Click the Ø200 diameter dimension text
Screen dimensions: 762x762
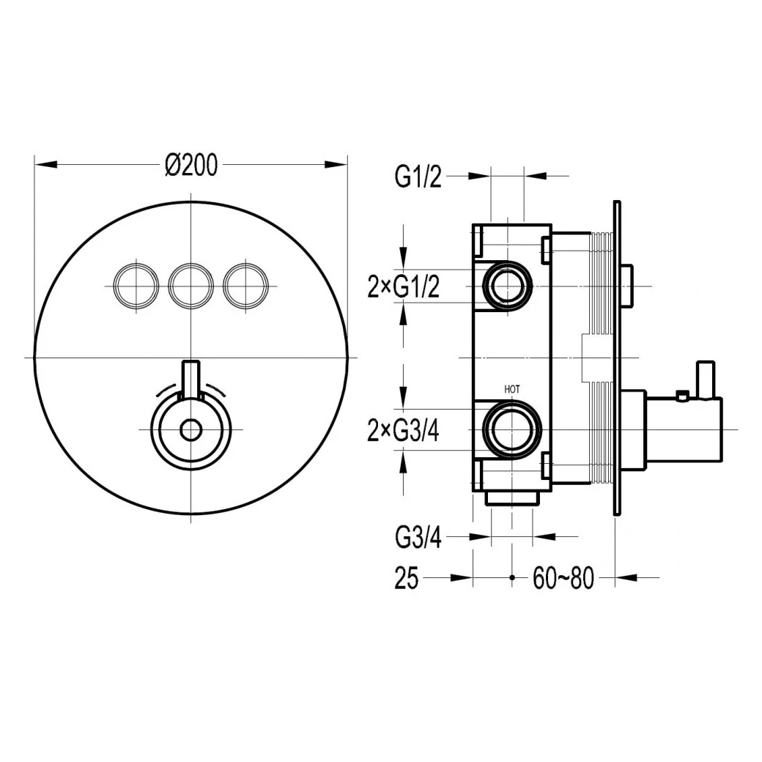191,166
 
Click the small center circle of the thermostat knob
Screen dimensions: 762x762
191,430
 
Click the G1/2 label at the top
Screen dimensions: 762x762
418,177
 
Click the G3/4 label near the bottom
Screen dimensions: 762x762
418,539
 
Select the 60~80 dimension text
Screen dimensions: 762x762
563,580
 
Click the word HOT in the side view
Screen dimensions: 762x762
511,389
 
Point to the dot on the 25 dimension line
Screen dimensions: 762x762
511,578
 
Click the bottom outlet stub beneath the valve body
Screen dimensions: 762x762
512,497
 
